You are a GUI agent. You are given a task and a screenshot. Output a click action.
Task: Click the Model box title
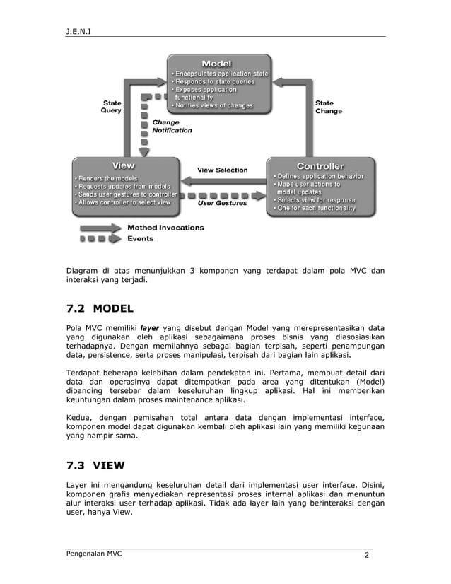[x=216, y=63]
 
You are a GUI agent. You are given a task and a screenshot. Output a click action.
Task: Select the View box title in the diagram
[x=124, y=165]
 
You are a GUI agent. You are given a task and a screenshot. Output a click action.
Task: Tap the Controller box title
[x=320, y=166]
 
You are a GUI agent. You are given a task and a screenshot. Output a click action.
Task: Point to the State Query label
[x=111, y=107]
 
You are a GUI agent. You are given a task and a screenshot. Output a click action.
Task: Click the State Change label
[x=328, y=107]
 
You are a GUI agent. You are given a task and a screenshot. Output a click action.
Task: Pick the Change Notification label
[x=172, y=126]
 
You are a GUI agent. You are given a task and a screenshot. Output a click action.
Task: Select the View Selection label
[x=222, y=170]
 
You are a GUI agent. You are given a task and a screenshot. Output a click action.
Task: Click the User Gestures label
[x=222, y=203]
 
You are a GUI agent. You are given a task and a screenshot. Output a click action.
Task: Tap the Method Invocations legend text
[x=165, y=228]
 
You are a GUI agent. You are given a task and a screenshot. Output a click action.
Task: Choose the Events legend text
[x=140, y=239]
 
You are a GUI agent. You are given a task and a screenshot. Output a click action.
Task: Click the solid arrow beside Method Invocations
[x=101, y=228]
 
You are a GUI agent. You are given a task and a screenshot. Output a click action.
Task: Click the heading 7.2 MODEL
[x=100, y=308]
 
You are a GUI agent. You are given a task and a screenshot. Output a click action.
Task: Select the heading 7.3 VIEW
[x=95, y=465]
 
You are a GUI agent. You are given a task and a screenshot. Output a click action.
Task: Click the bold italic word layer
[x=149, y=328]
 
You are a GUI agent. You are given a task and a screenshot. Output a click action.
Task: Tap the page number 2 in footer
[x=367, y=556]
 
